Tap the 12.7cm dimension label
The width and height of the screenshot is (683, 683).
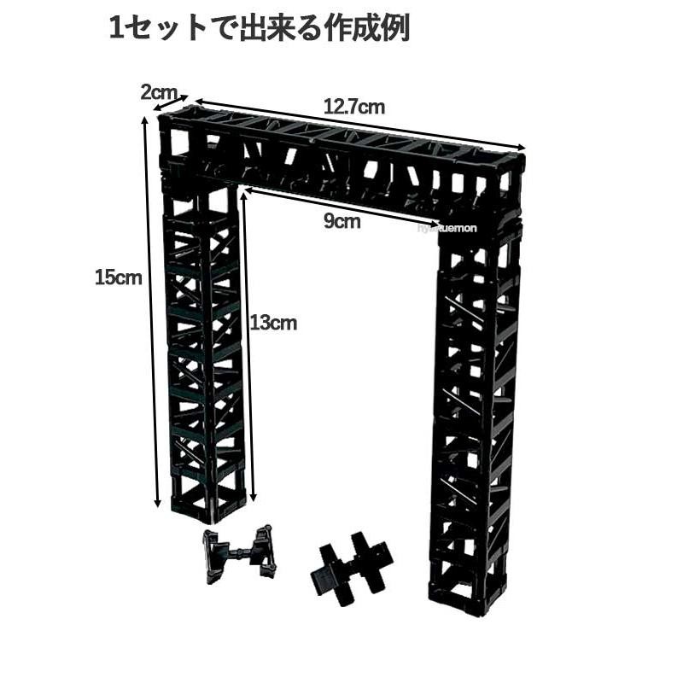pos(353,108)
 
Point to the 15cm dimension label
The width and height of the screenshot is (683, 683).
pos(118,277)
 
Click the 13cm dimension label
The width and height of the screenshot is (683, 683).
pos(274,323)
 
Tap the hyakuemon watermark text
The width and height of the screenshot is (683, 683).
pos(451,228)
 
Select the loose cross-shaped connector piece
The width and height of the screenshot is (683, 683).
pos(350,567)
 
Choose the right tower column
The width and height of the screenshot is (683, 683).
pos(475,410)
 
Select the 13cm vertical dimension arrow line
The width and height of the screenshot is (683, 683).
pos(248,341)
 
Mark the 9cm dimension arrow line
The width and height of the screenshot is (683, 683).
pos(341,207)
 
